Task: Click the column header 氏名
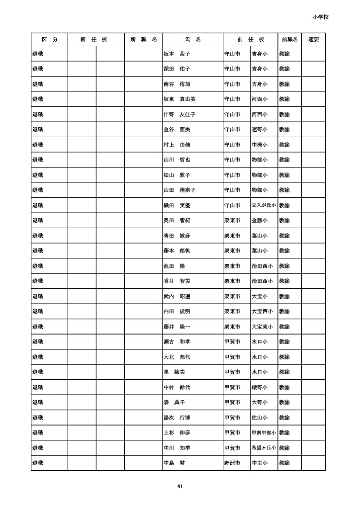(192, 39)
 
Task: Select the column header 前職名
(289, 39)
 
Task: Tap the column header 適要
(313, 39)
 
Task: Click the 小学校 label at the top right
(321, 17)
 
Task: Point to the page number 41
(180, 486)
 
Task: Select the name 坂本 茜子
(177, 54)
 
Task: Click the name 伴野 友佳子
(180, 114)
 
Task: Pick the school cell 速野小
(260, 130)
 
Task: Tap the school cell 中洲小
(260, 145)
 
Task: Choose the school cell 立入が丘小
(264, 205)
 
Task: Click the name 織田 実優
(177, 205)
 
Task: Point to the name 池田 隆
(175, 266)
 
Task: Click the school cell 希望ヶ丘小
(264, 448)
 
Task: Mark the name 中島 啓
(175, 463)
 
